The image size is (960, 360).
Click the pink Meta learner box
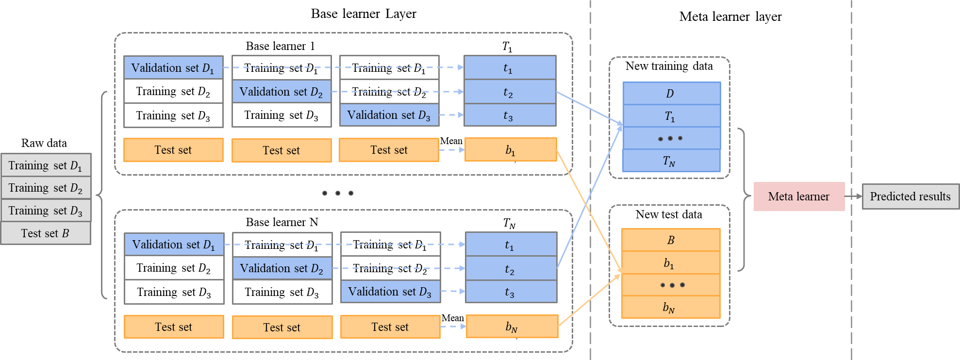click(799, 196)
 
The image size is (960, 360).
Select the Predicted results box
click(910, 196)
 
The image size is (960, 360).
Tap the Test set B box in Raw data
click(46, 233)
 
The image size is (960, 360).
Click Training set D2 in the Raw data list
click(46, 188)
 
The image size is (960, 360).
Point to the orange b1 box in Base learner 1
click(510, 149)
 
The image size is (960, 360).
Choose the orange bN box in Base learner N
click(512, 326)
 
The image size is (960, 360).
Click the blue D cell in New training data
click(671, 93)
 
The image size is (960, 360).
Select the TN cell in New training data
click(671, 161)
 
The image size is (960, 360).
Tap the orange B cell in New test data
click(671, 240)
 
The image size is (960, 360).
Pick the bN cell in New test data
click(671, 307)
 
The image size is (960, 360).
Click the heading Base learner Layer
click(364, 14)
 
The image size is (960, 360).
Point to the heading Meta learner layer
click(730, 16)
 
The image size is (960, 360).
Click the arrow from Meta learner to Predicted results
click(853, 196)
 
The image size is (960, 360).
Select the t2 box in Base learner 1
click(510, 92)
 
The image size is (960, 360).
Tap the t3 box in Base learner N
click(511, 292)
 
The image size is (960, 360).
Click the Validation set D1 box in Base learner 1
click(173, 67)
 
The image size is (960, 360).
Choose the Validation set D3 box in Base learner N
click(390, 292)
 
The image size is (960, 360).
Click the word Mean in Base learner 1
click(451, 141)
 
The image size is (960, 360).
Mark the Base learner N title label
click(282, 222)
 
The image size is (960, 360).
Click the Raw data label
click(44, 143)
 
